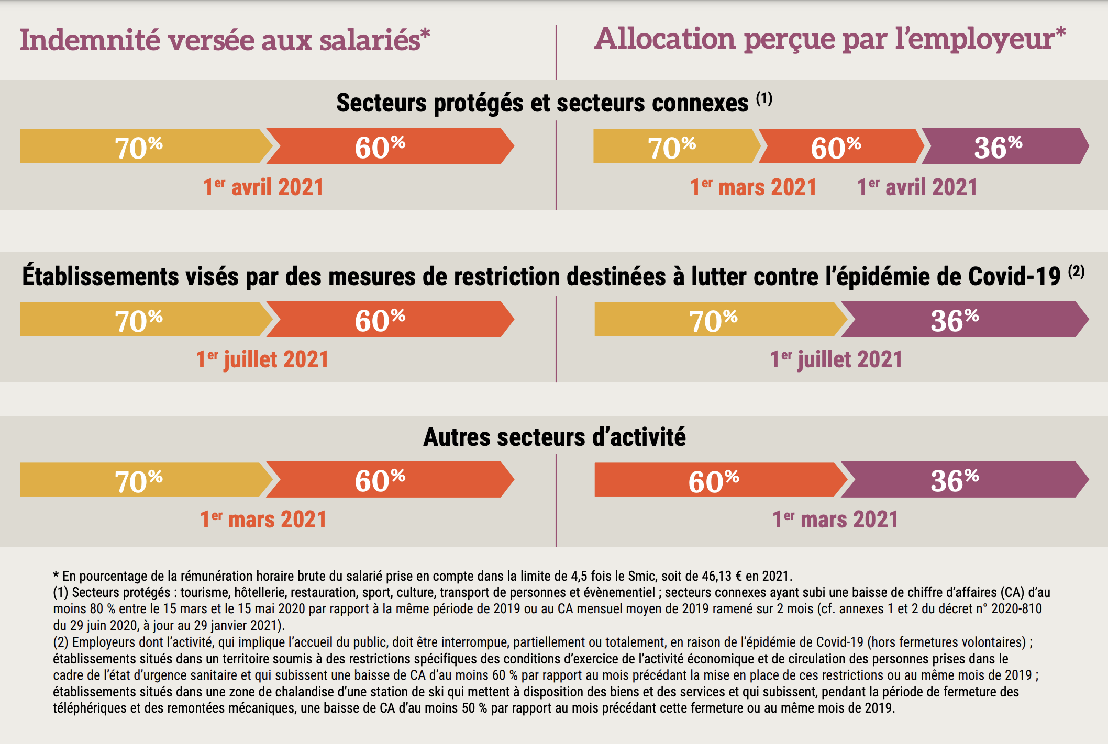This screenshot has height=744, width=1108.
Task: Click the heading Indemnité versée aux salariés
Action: tap(225, 40)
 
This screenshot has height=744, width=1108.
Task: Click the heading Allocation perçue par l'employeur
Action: tap(829, 39)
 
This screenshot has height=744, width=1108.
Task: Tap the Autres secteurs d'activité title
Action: tap(554, 437)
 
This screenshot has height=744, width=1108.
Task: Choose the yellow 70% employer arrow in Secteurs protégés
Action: tap(673, 146)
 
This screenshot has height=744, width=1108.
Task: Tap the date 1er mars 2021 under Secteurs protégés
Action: tap(753, 187)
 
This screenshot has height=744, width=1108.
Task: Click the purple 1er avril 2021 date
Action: tap(917, 187)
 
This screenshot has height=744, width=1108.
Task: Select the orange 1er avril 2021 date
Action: tap(263, 187)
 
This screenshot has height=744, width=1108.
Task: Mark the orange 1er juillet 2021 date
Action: tap(262, 359)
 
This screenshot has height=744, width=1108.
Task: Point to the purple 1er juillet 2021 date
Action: tap(836, 359)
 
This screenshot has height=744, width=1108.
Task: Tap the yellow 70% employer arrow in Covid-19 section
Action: tap(715, 320)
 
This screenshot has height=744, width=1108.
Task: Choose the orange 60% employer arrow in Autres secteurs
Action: tap(715, 480)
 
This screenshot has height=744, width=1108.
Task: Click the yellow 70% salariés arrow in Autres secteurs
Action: tap(139, 480)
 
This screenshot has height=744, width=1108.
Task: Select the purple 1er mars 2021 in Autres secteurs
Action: tap(835, 520)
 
